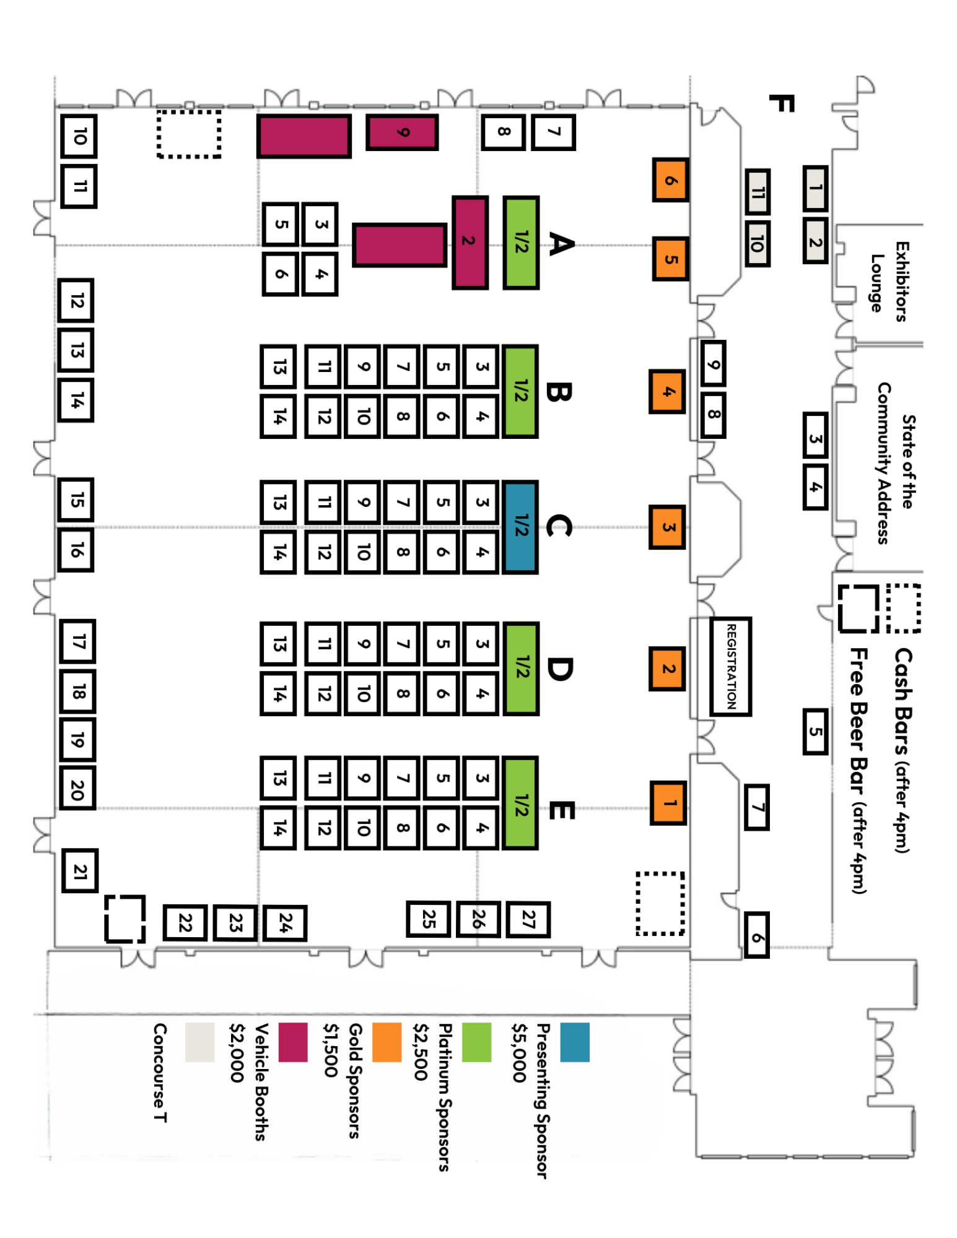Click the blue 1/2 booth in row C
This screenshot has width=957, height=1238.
[520, 527]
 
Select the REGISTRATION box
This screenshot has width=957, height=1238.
[730, 666]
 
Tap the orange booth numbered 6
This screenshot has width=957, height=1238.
[670, 180]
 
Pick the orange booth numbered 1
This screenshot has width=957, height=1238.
[668, 803]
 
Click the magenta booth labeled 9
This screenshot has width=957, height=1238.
[402, 132]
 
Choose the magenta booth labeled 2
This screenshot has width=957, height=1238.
[470, 242]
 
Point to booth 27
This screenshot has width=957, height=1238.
[528, 919]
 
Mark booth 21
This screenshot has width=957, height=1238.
[80, 871]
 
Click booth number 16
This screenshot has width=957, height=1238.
[76, 549]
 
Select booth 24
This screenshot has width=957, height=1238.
[284, 923]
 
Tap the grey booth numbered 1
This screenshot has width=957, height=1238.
[815, 187]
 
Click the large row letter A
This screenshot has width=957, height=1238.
[561, 243]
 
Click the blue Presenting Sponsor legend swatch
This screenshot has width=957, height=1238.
[574, 1042]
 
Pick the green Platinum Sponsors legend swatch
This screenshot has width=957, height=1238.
[476, 1042]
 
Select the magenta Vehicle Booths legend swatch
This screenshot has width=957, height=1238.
[292, 1042]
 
